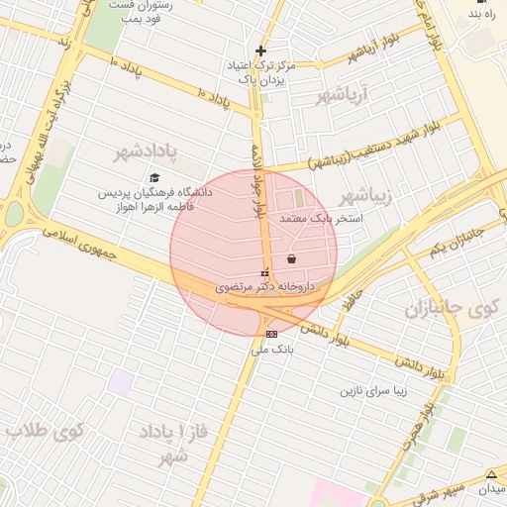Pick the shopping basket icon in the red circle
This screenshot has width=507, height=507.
[x=291, y=259]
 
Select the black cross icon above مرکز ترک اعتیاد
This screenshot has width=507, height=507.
[x=260, y=51]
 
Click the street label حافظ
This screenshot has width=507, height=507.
[x=346, y=296]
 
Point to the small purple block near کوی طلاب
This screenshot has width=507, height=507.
[x=121, y=382]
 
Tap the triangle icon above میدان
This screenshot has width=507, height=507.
[x=492, y=474]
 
